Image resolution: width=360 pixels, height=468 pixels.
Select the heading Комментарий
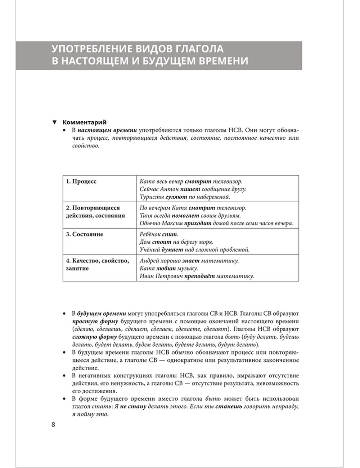point(84,122)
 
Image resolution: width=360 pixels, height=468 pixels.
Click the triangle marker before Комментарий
point(55,122)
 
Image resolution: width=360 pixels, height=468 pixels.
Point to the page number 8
point(53,424)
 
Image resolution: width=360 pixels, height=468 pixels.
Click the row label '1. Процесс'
point(81,181)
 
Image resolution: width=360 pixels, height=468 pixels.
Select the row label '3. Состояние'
point(84,234)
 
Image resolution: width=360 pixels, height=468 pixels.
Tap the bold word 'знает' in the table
point(191,261)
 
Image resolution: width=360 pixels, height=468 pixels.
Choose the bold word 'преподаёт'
point(199,276)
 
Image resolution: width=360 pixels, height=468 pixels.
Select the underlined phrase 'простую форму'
point(90,321)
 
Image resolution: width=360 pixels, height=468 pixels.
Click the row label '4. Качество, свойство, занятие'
point(97,265)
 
